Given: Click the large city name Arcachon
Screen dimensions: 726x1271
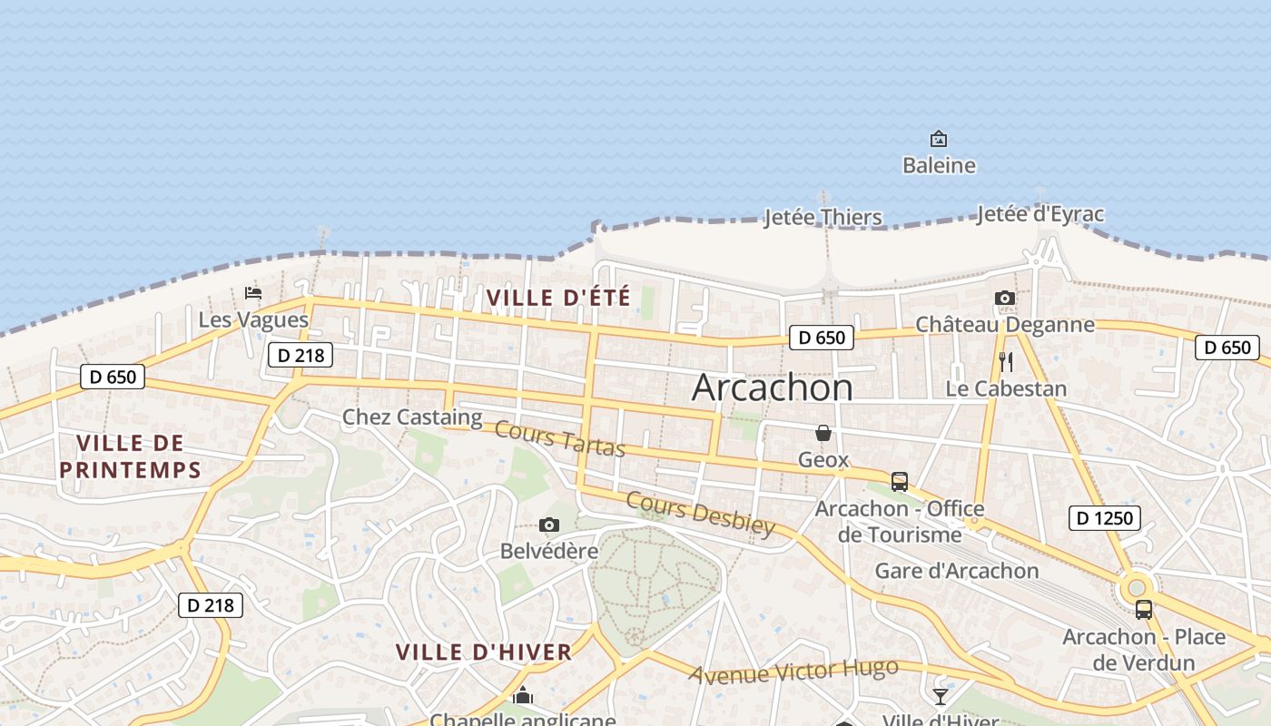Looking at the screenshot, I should pyautogui.click(x=773, y=388).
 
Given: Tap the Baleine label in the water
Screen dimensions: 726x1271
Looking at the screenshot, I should pyautogui.click(x=939, y=165).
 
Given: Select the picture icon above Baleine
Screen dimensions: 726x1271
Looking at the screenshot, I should pyautogui.click(x=939, y=139).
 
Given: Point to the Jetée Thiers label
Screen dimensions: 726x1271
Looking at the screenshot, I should pyautogui.click(x=823, y=218).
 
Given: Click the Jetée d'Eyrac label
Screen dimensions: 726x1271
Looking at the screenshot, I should pyautogui.click(x=1040, y=214).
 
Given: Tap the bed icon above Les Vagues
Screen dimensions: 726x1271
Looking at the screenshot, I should pyautogui.click(x=253, y=293).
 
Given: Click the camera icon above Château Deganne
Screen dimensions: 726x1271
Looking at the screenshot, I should pyautogui.click(x=1004, y=298).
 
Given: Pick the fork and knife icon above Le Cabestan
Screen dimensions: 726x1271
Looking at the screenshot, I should pyautogui.click(x=1005, y=361).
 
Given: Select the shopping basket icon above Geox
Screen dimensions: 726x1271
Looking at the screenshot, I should pyautogui.click(x=823, y=433).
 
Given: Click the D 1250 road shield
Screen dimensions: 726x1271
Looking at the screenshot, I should pyautogui.click(x=1104, y=518).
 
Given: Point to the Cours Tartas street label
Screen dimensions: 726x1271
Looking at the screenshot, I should pyautogui.click(x=560, y=440).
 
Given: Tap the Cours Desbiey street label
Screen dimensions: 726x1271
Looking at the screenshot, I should pyautogui.click(x=701, y=514).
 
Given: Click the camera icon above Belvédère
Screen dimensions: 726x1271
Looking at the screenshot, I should pyautogui.click(x=548, y=525).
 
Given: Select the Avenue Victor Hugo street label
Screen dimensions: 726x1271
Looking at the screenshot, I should pyautogui.click(x=793, y=672).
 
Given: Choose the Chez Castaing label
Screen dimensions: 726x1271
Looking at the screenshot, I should pyautogui.click(x=412, y=417).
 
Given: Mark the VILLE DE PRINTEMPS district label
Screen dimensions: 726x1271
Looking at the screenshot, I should pyautogui.click(x=130, y=456).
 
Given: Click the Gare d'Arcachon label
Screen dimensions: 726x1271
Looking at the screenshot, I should pyautogui.click(x=957, y=571).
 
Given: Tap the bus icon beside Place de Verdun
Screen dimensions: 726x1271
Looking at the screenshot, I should pyautogui.click(x=1143, y=610).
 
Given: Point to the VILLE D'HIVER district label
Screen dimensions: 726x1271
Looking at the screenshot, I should pyautogui.click(x=484, y=652).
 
